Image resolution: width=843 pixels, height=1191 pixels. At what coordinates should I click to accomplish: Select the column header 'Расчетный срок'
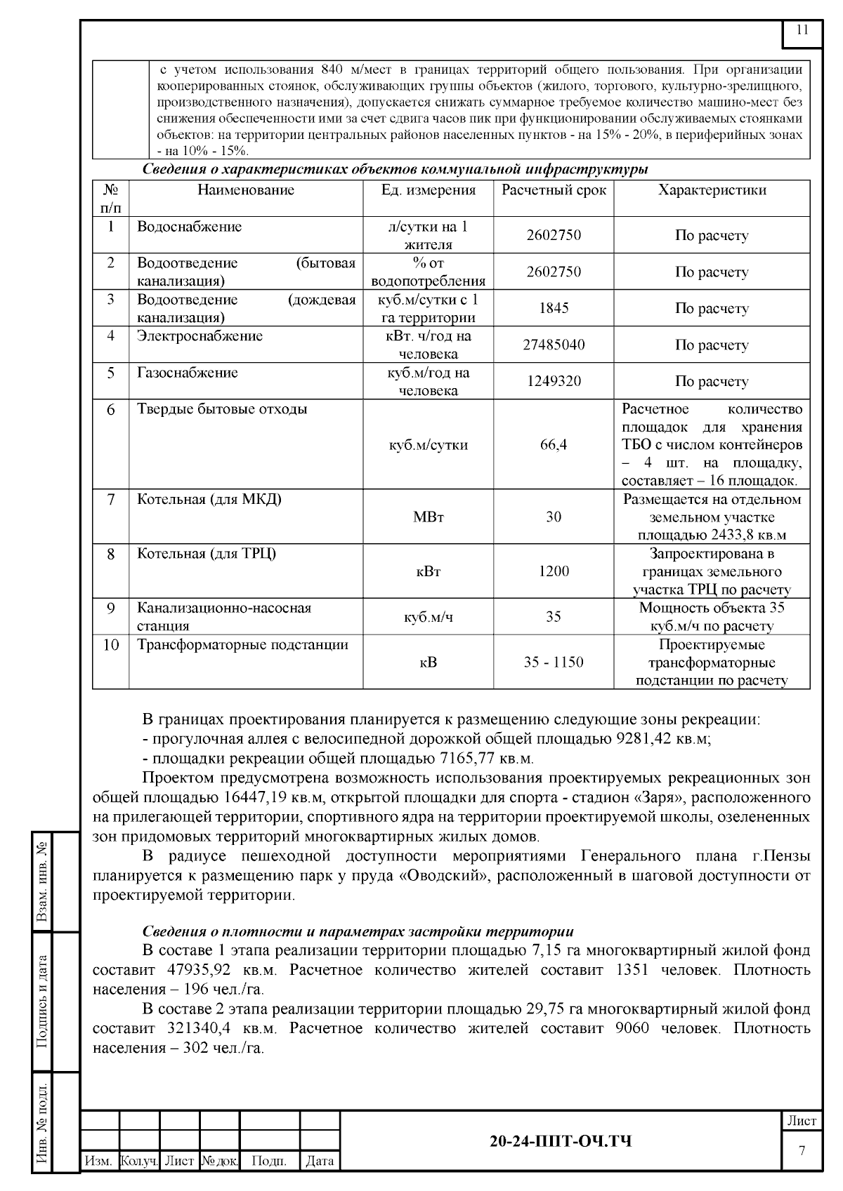554,190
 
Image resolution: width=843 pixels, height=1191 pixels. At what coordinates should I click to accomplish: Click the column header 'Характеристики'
712,190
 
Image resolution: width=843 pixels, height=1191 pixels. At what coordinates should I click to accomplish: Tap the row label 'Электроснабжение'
200,336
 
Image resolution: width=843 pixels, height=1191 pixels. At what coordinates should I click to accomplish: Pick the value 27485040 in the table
554,345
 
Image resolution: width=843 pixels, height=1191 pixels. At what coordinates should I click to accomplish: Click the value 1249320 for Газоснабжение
554,382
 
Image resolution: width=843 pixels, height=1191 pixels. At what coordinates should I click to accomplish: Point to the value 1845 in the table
554,309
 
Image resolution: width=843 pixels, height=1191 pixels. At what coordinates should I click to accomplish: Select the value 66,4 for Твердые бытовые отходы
554,445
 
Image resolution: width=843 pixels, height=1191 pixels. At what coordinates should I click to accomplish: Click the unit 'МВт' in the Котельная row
428,517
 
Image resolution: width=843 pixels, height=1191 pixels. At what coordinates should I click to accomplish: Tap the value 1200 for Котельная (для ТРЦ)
554,571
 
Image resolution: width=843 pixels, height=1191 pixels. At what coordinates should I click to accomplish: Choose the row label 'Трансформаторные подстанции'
242,645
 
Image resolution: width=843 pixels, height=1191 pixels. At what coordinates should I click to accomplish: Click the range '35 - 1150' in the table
554,663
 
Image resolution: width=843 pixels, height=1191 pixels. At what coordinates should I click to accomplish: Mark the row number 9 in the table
111,608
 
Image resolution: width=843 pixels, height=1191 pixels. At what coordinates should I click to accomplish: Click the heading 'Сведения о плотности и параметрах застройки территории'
358,931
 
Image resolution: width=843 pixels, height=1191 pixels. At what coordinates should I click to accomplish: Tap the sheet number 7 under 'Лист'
802,1151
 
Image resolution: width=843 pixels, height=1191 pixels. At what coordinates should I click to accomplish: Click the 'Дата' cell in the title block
320,1162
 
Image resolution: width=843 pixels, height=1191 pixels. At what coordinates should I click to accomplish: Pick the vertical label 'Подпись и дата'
42,1001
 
